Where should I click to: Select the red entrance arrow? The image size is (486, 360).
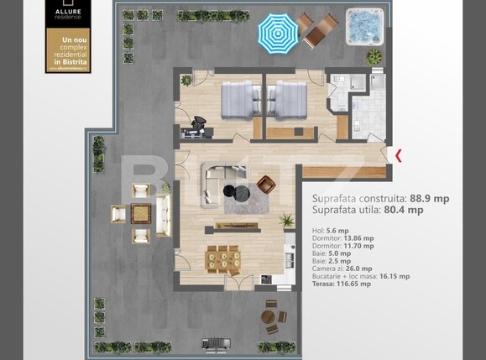(398, 155)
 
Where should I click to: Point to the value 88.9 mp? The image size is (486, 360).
(429, 198)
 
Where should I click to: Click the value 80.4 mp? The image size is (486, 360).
(404, 210)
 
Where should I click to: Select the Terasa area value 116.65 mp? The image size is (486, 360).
(353, 284)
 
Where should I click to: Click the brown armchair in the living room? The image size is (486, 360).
(267, 185)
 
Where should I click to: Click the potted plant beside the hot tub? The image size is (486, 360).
(374, 57)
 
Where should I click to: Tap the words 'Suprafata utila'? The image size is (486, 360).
(342, 210)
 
